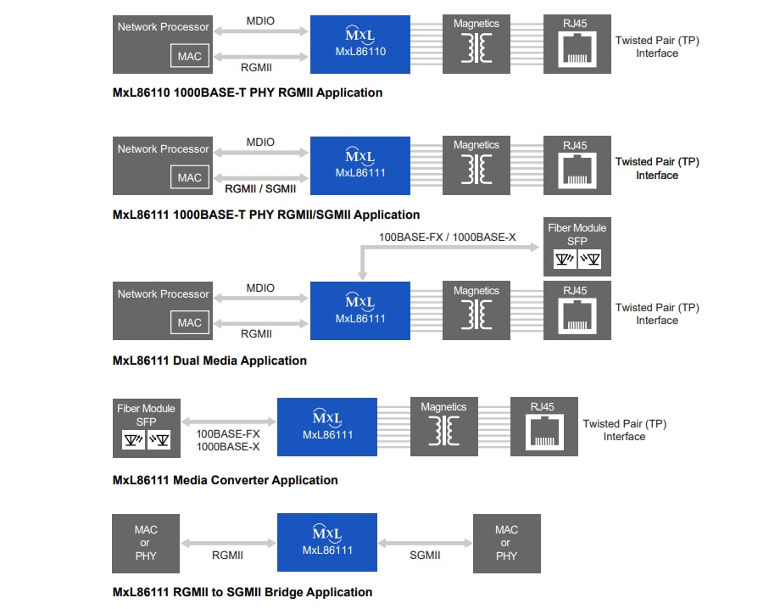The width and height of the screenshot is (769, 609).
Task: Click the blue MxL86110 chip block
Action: pos(360,43)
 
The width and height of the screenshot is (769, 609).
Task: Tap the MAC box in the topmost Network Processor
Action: pos(190,56)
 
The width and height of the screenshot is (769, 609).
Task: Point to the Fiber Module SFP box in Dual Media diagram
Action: pos(577,247)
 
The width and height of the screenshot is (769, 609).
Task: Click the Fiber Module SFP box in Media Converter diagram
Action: pos(146,427)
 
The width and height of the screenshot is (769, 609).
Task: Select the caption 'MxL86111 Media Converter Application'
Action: pos(225,480)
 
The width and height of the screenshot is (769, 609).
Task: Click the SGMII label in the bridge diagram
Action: pos(425,556)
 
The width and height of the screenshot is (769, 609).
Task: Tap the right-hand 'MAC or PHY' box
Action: pos(506,543)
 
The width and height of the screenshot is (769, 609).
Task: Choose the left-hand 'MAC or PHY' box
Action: pos(146,543)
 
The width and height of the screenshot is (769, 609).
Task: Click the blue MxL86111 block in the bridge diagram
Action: pos(327,543)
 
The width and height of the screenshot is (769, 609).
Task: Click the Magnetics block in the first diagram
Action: pos(476,43)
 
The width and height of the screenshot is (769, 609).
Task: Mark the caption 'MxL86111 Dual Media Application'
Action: pos(209,360)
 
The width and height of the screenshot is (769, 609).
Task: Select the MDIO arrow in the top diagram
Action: pos(260,32)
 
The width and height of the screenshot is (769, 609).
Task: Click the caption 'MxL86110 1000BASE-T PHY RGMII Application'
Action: pos(248,92)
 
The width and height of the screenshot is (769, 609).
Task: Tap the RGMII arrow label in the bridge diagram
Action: pos(227,556)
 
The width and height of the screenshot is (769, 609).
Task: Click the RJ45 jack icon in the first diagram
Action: pos(577,51)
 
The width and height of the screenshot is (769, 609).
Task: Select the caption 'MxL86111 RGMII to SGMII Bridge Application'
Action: pos(242,592)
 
